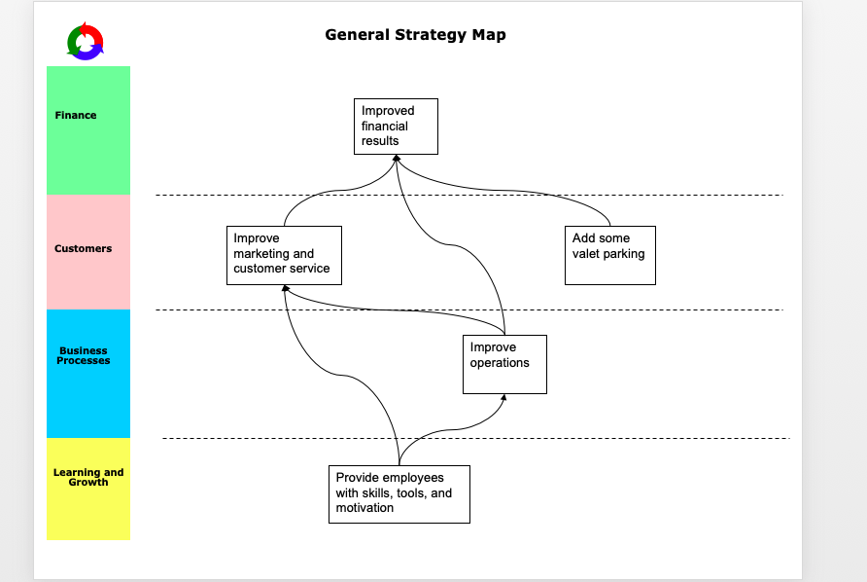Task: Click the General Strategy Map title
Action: click(x=415, y=35)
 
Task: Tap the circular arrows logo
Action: click(x=86, y=41)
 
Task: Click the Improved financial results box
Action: click(x=396, y=127)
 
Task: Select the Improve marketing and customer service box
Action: click(x=284, y=255)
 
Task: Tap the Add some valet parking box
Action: click(x=610, y=255)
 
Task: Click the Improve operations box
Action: click(x=504, y=364)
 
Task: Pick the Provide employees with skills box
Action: click(x=399, y=493)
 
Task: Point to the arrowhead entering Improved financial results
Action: click(x=397, y=159)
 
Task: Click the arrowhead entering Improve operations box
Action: click(x=503, y=397)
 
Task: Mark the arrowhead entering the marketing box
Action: click(x=285, y=289)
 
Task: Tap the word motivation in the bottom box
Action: click(x=364, y=508)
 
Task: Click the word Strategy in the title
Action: click(x=430, y=35)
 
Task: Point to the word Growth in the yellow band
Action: click(x=88, y=482)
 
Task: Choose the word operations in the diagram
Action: click(x=500, y=363)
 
